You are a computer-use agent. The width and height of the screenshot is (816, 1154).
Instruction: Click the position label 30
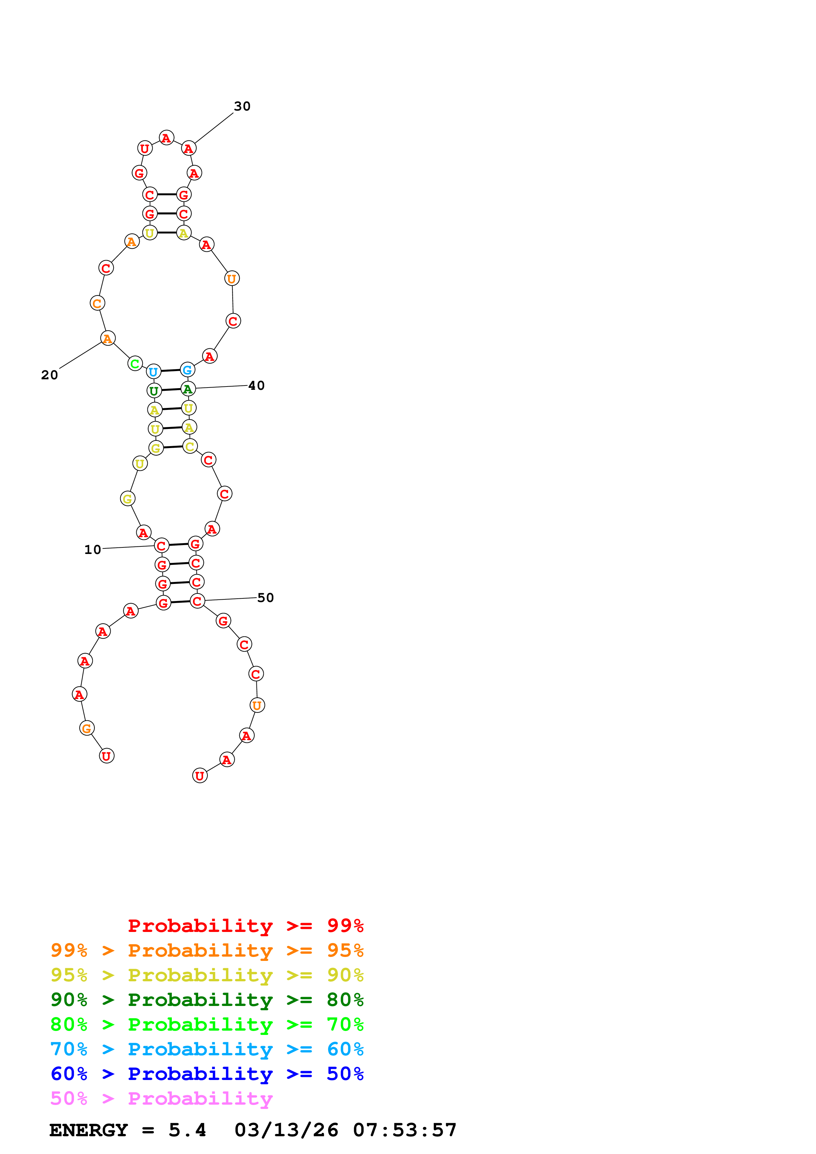[242, 106]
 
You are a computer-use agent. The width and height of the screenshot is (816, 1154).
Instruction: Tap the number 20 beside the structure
[49, 375]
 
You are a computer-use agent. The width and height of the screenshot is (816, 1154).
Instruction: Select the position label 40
[256, 386]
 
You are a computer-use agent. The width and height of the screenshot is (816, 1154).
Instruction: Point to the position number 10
[92, 549]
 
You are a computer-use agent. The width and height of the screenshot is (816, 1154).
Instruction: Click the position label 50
[265, 598]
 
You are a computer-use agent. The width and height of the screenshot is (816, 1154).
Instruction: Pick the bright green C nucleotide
[135, 364]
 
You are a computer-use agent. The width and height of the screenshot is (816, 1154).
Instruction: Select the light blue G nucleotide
[187, 370]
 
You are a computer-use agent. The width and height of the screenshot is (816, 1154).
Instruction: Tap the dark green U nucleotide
[154, 390]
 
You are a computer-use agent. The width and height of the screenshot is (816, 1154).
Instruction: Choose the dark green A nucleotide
[188, 389]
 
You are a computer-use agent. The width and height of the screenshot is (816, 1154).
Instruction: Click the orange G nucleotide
[87, 728]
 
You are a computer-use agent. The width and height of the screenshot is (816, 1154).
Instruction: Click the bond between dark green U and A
[171, 389]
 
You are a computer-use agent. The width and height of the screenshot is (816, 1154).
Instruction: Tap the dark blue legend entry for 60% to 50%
[207, 1074]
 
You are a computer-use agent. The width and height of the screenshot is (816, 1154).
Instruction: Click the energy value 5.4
[187, 1130]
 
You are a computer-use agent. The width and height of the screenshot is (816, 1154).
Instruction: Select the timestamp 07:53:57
[405, 1130]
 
